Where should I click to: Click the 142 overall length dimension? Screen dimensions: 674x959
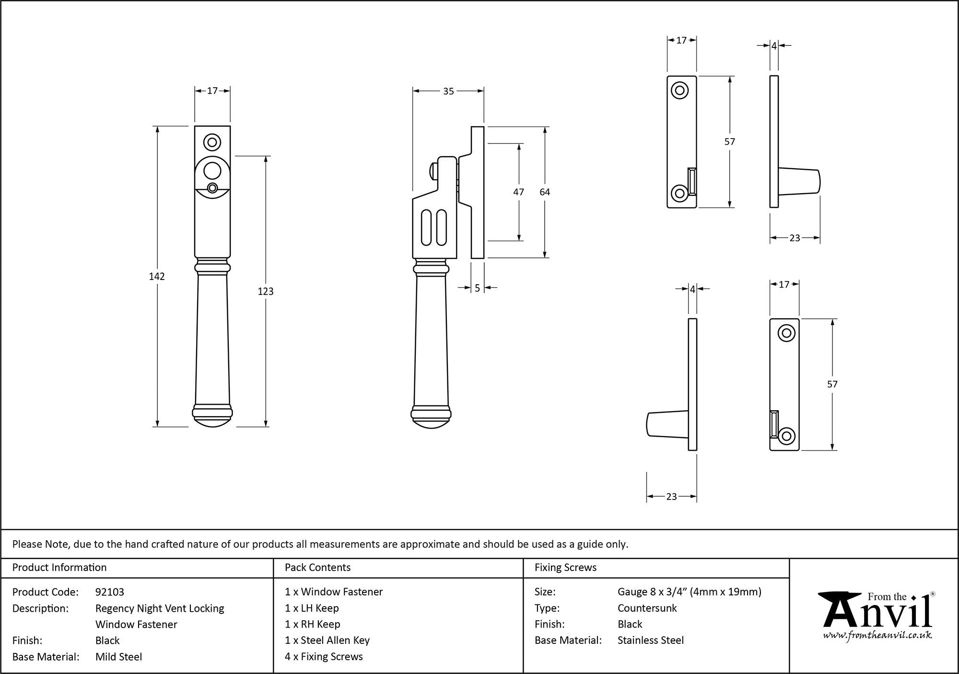[x=157, y=277]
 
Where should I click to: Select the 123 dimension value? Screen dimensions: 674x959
[x=266, y=291]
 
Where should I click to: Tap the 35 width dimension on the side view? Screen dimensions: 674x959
[x=448, y=91]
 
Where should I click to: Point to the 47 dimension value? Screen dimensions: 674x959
[x=518, y=192]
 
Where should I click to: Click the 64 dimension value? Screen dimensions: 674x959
[x=545, y=192]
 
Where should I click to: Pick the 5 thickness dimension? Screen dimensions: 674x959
[x=478, y=288]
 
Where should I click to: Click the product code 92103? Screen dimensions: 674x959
[x=110, y=592]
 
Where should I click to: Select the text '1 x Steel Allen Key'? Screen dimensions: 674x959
[x=327, y=640]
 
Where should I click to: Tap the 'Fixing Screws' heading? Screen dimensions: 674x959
[x=566, y=568]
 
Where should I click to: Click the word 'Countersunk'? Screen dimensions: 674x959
[x=647, y=608]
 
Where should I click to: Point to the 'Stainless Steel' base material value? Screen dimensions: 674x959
[x=651, y=640]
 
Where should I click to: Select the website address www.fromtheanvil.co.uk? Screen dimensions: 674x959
[x=877, y=636]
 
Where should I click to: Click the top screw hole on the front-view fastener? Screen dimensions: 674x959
[x=212, y=142]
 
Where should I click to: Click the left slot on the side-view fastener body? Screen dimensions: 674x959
[x=426, y=227]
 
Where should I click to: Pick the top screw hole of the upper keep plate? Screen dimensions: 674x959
[x=679, y=90]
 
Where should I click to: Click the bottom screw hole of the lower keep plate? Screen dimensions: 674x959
[x=786, y=436]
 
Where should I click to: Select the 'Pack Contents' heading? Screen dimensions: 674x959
[x=317, y=568]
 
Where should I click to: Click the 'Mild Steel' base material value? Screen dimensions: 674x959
[x=118, y=657]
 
